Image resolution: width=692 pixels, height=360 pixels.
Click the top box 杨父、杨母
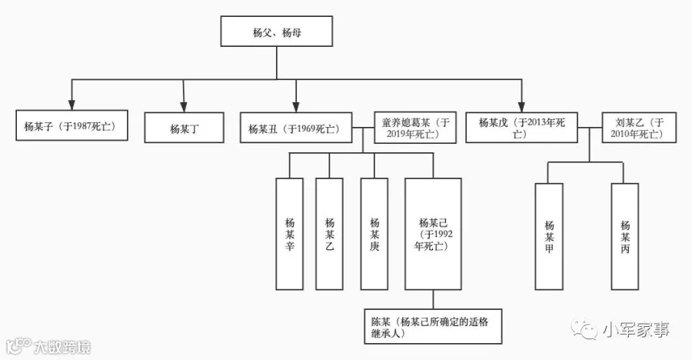coord(276,32)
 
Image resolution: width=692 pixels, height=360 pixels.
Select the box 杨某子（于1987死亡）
coord(72,125)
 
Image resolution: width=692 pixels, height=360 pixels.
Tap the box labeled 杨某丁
coord(184,128)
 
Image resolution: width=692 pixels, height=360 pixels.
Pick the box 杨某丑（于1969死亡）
coord(296,128)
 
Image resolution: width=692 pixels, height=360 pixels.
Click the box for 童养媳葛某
coord(415,128)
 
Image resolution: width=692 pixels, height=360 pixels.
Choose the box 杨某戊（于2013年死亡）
coord(521,128)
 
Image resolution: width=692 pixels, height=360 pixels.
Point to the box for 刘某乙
coord(639,128)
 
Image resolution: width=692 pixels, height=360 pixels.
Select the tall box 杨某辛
coord(290,234)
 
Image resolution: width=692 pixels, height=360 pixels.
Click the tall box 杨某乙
coord(329,234)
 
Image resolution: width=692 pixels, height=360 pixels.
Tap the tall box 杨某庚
coord(374,234)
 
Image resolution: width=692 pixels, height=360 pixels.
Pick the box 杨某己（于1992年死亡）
coord(434,234)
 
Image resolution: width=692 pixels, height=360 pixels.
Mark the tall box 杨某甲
coord(549,237)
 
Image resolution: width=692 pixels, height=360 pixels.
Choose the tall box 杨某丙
coord(625,237)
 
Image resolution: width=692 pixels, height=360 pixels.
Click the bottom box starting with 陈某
coord(434,326)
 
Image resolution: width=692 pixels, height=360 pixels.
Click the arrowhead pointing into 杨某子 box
coord(72,105)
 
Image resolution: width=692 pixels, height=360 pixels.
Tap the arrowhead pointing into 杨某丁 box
coord(184,107)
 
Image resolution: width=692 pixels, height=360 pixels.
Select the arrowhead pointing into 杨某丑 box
coord(296,107)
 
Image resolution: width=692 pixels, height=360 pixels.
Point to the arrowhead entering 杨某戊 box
coord(521,107)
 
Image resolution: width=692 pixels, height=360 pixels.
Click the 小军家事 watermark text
coord(636,329)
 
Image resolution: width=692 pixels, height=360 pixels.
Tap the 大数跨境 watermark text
coord(62,347)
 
